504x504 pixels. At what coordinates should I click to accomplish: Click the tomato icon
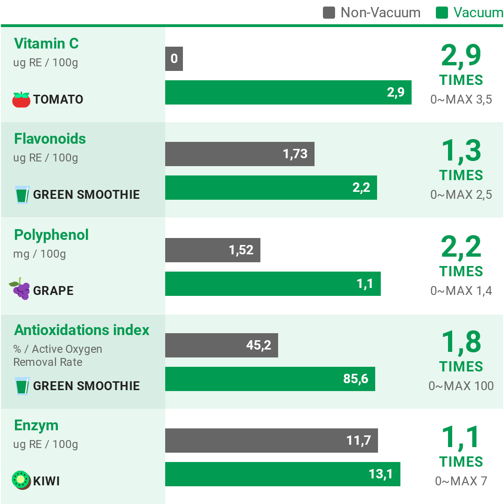(21, 99)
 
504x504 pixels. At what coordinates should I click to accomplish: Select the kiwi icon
(21, 480)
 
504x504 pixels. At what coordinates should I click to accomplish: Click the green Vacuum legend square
(442, 13)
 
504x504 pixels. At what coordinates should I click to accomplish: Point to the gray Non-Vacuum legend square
(329, 13)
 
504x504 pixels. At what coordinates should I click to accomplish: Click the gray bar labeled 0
(174, 59)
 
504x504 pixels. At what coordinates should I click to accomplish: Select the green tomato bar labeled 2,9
(288, 92)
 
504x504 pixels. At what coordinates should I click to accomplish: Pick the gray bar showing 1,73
(239, 154)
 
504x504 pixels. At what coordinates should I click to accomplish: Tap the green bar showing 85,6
(270, 379)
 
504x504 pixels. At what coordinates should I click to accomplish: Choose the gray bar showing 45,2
(221, 345)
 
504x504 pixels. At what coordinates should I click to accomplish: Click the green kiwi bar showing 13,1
(282, 474)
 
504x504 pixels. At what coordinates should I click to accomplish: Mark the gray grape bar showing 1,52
(212, 250)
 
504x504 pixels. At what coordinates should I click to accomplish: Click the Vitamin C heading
(46, 43)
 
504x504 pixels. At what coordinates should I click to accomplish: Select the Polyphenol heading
(51, 235)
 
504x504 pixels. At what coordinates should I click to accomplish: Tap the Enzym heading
(36, 425)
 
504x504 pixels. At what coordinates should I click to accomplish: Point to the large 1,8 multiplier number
(461, 342)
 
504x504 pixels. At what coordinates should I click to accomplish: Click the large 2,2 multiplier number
(461, 247)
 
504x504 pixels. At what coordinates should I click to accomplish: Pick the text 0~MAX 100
(461, 386)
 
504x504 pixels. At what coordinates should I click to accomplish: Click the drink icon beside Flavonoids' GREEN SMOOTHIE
(22, 195)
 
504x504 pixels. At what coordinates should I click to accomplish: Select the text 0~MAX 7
(461, 481)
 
